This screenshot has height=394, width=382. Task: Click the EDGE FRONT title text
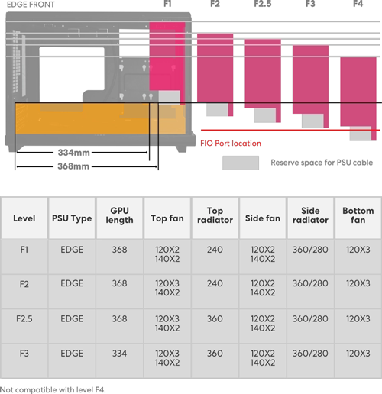tap(31, 5)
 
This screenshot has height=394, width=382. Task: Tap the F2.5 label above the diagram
tap(263, 4)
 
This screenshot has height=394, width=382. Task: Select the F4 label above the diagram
tap(358, 4)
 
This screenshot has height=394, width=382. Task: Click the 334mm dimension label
tap(73, 153)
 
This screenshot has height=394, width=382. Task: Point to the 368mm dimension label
tap(73, 166)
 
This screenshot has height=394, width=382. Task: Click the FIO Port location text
tap(231, 144)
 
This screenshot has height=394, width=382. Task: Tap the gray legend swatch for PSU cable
tap(241, 163)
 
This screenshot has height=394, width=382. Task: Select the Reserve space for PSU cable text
tap(322, 163)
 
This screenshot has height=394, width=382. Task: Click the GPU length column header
tap(119, 215)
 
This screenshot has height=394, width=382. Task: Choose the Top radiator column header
tap(215, 215)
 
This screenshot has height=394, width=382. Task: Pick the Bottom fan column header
tap(358, 215)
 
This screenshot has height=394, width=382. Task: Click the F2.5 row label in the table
tap(24, 318)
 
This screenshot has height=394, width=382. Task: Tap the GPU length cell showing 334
tap(119, 354)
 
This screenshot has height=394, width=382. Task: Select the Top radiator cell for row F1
tap(215, 250)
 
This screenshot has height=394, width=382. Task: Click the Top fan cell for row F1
tap(167, 254)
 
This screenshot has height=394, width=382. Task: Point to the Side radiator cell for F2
tap(310, 283)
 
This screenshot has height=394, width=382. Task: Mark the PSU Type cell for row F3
tap(72, 354)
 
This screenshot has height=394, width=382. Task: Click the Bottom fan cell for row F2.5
tap(358, 318)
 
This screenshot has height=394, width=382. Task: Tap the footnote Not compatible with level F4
tap(53, 389)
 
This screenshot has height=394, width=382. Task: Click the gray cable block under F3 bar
tap(312, 121)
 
